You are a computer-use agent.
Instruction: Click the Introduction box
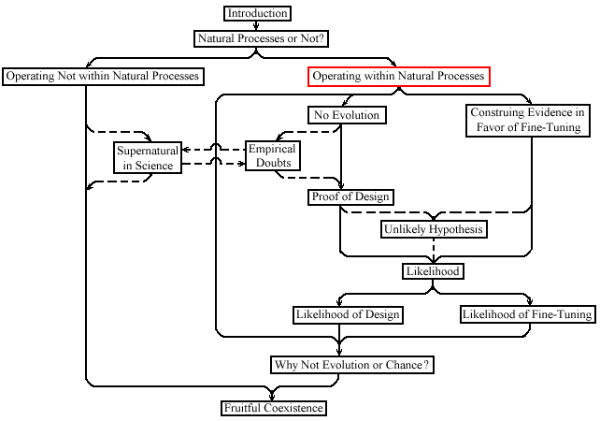click(257, 13)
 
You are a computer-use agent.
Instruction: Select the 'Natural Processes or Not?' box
click(261, 38)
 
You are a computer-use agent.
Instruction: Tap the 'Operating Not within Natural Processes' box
click(103, 76)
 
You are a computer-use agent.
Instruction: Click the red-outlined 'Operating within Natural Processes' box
click(399, 76)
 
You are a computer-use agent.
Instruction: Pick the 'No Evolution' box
click(347, 115)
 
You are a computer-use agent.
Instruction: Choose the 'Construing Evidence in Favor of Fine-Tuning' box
click(528, 121)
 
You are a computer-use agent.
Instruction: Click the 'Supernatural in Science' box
click(148, 157)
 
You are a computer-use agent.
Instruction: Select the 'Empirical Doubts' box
click(273, 155)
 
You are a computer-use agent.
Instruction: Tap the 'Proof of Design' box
click(350, 196)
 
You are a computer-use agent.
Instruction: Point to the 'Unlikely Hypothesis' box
click(434, 229)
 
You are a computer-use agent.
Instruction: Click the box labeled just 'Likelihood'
click(433, 271)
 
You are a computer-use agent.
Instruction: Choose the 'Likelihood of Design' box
click(348, 315)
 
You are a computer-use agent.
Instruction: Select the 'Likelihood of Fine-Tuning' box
click(528, 314)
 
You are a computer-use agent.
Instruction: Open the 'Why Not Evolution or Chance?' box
click(352, 365)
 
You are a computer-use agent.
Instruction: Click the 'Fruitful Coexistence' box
click(274, 408)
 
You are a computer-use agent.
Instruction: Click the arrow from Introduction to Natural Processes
click(256, 25)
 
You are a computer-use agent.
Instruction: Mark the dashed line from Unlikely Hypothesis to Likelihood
click(433, 251)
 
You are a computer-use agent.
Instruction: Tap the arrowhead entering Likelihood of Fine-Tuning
click(530, 302)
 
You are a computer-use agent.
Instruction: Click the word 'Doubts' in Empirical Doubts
click(273, 163)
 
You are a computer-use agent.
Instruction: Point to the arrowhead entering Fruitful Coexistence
click(272, 396)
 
